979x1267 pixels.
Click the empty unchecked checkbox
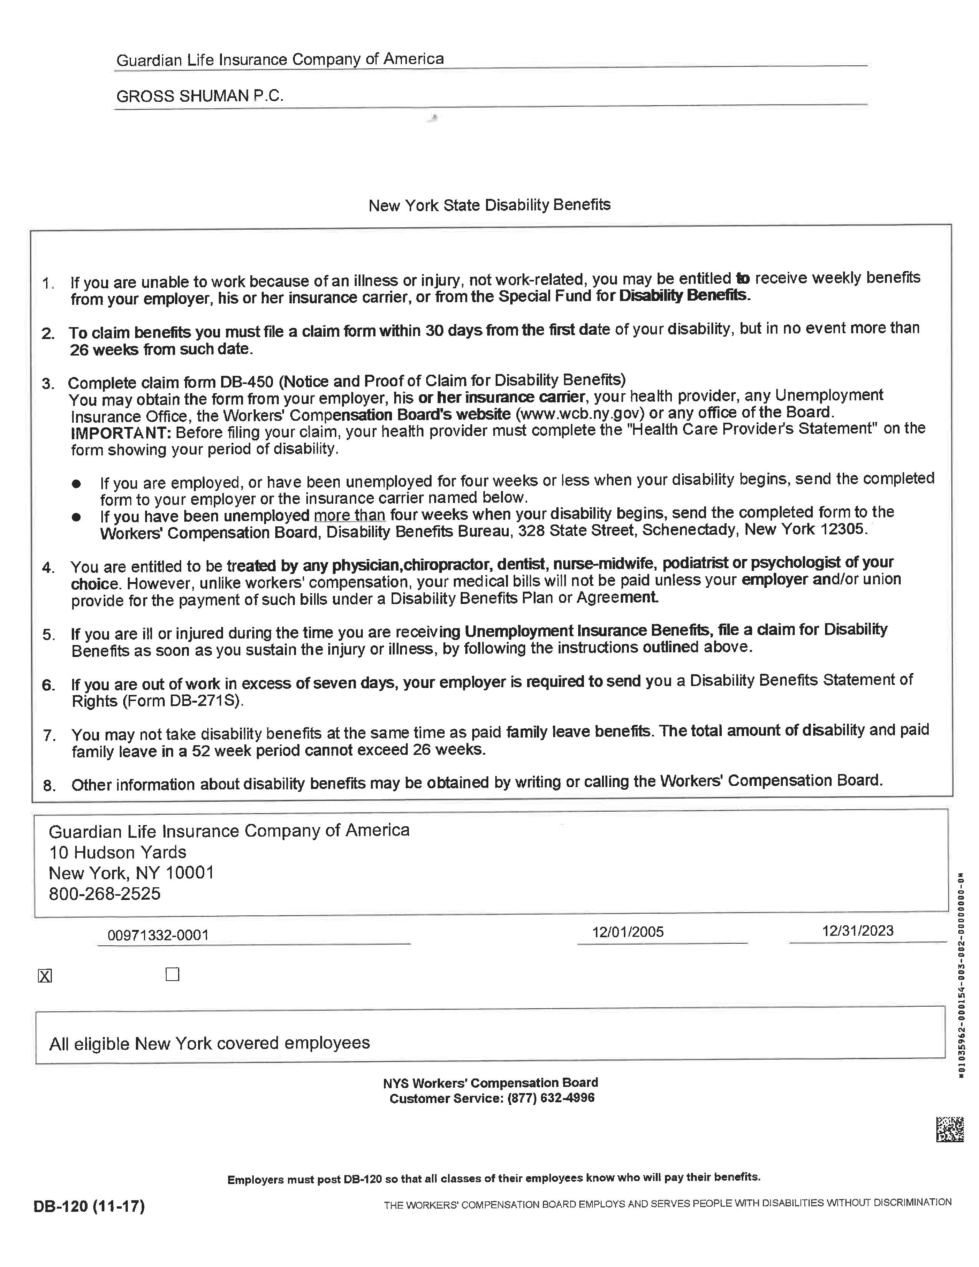point(172,974)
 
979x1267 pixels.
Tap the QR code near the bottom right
point(950,1129)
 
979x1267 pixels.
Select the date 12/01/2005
point(628,932)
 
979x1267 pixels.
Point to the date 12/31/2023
point(857,931)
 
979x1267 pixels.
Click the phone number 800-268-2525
point(104,894)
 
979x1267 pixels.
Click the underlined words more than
point(350,515)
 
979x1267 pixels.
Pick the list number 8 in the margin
point(49,786)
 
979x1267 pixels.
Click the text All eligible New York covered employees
point(209,1043)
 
